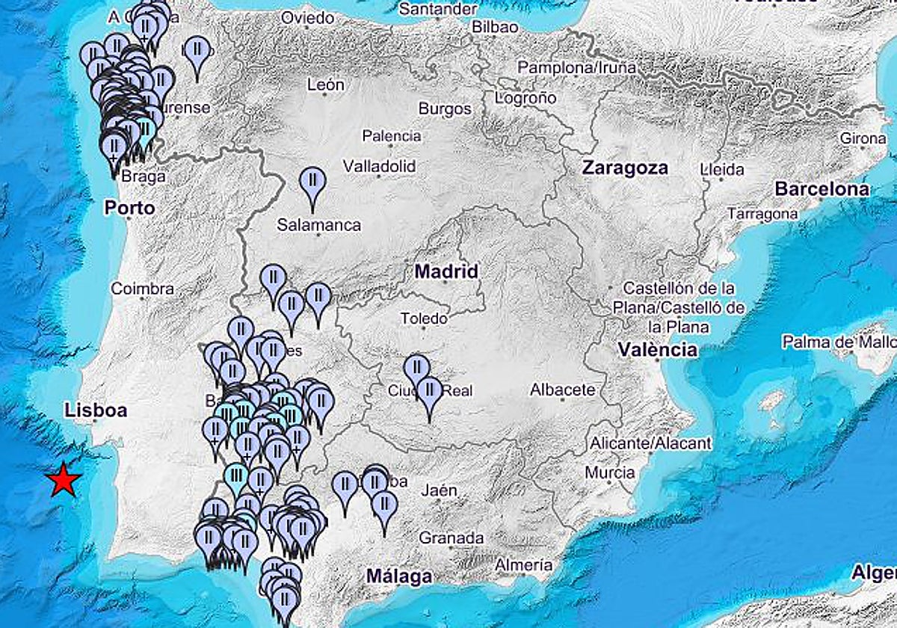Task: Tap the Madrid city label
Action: point(446,271)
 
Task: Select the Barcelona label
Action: point(822,189)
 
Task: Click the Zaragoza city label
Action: point(625,168)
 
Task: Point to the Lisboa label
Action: point(96,410)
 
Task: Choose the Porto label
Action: point(129,207)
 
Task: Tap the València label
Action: point(658,349)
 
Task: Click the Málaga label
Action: point(399,576)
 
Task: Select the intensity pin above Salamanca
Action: point(312,183)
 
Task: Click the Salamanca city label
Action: point(318,224)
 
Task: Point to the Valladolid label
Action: point(379,166)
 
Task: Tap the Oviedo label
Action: point(307,16)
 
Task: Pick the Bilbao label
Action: point(496,27)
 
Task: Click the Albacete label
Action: point(563,390)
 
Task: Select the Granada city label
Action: point(451,538)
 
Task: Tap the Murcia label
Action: point(610,472)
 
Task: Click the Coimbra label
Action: point(142,289)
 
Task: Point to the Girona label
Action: point(863,138)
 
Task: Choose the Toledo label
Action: point(424,318)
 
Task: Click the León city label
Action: point(326,85)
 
